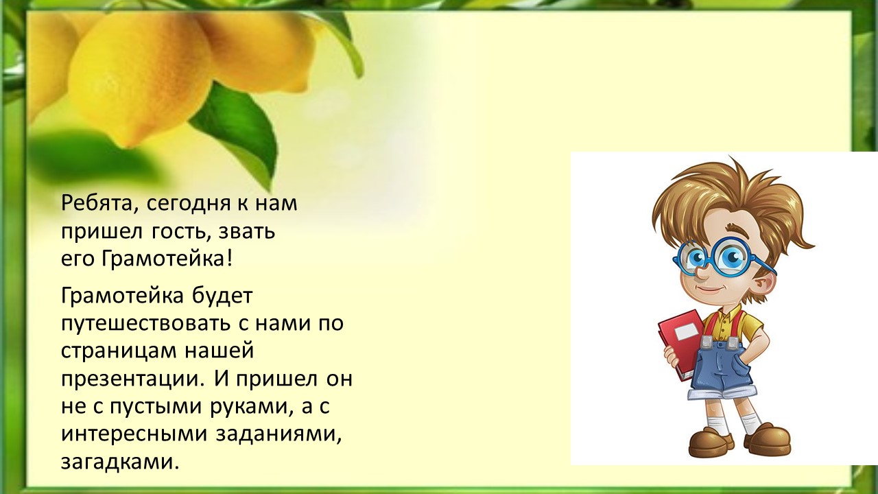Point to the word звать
click(x=247, y=232)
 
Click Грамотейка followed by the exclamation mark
click(x=167, y=259)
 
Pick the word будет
click(x=222, y=295)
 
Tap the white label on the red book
click(x=684, y=332)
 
